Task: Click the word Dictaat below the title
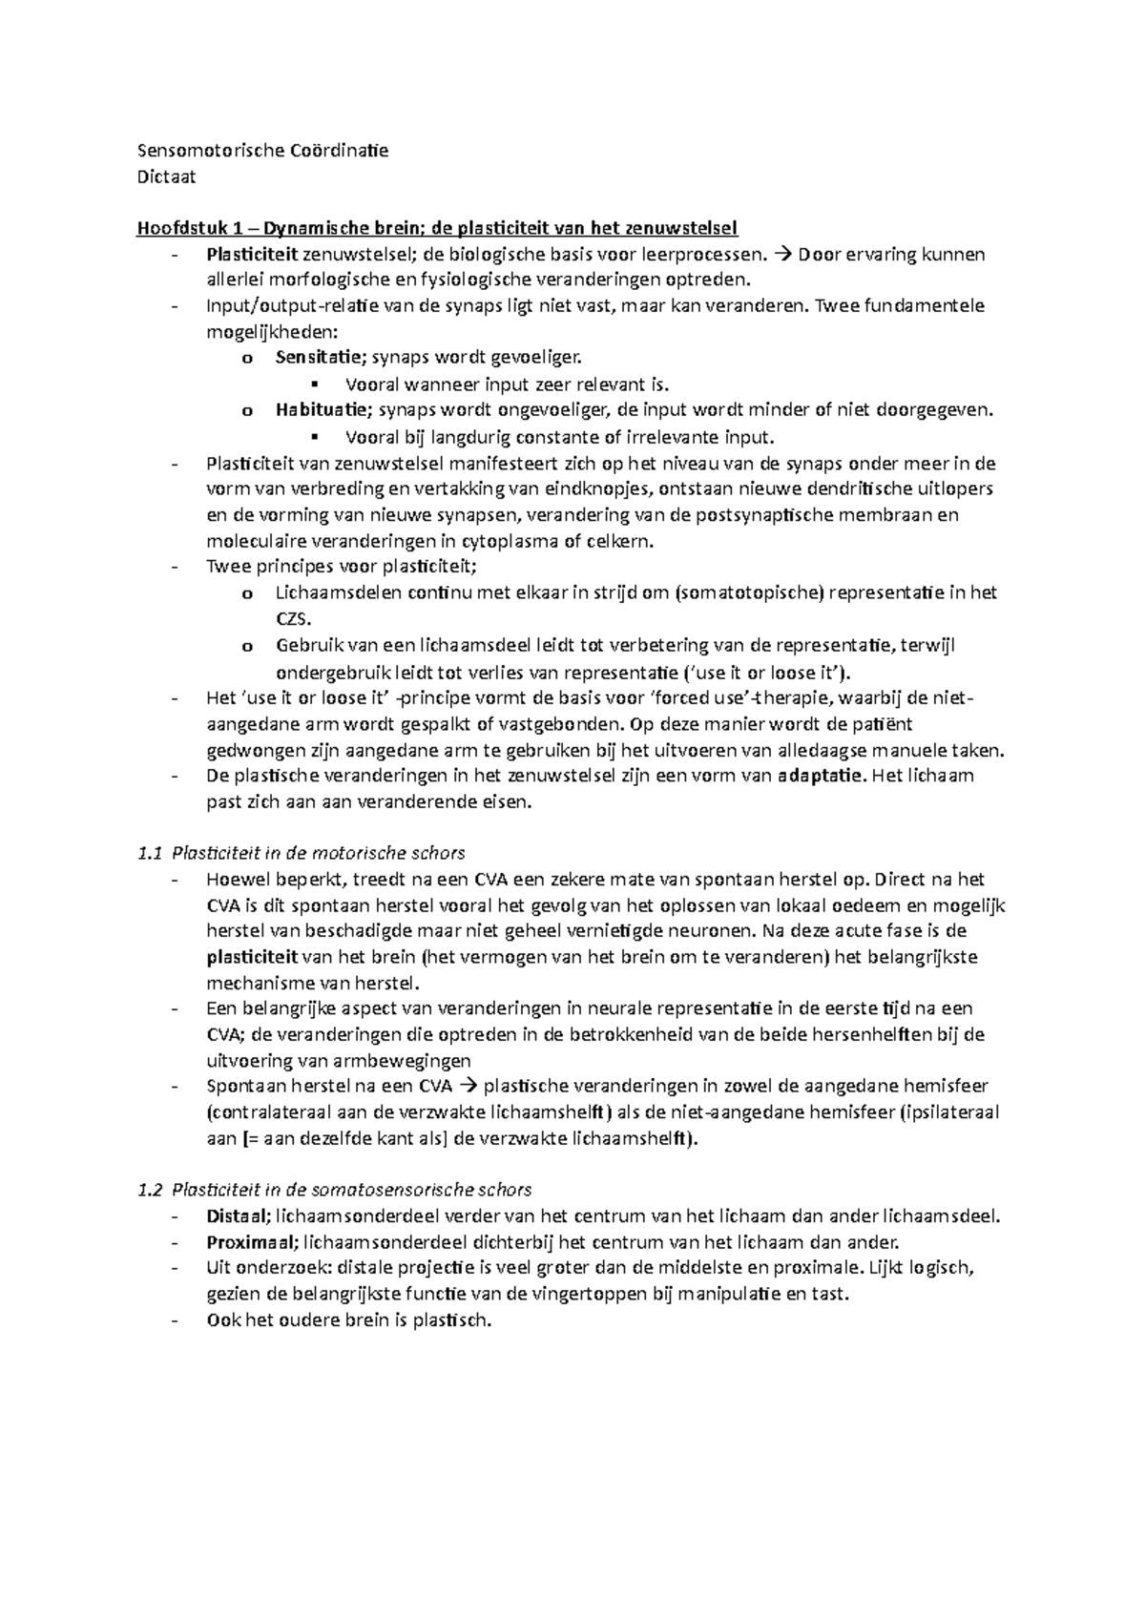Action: coord(167,177)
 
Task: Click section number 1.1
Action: coord(150,853)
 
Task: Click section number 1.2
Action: coord(150,1190)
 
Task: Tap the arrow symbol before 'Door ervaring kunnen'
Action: coord(782,255)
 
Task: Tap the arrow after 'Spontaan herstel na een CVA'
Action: coord(469,1087)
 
